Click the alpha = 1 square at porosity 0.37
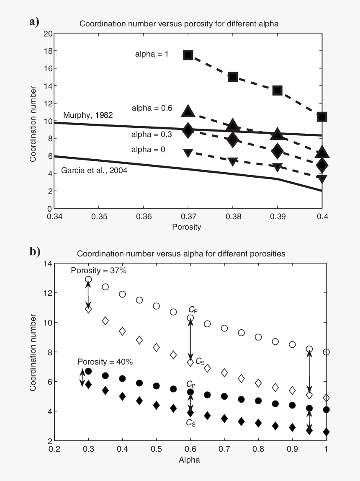pyautogui.click(x=188, y=55)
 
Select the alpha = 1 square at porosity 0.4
pyautogui.click(x=322, y=116)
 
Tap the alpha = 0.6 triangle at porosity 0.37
pyautogui.click(x=188, y=111)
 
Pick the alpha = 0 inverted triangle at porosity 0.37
pyautogui.click(x=188, y=153)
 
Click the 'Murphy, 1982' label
pyautogui.click(x=88, y=115)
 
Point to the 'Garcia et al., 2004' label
pyautogui.click(x=94, y=170)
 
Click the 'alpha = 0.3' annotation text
pyautogui.click(x=152, y=134)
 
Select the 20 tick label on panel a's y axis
pyautogui.click(x=48, y=34)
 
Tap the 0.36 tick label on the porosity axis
pyautogui.click(x=144, y=217)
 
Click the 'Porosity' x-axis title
pyautogui.click(x=187, y=227)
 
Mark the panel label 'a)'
pyautogui.click(x=34, y=22)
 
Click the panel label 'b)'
pyautogui.click(x=35, y=251)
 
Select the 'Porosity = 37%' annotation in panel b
pyautogui.click(x=99, y=270)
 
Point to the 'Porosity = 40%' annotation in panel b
pyautogui.click(x=105, y=362)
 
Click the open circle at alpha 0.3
pyautogui.click(x=88, y=279)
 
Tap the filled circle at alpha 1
pyautogui.click(x=326, y=409)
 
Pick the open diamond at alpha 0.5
pyautogui.click(x=156, y=348)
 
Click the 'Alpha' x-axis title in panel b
pyautogui.click(x=189, y=460)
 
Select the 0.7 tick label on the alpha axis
pyautogui.click(x=224, y=449)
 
